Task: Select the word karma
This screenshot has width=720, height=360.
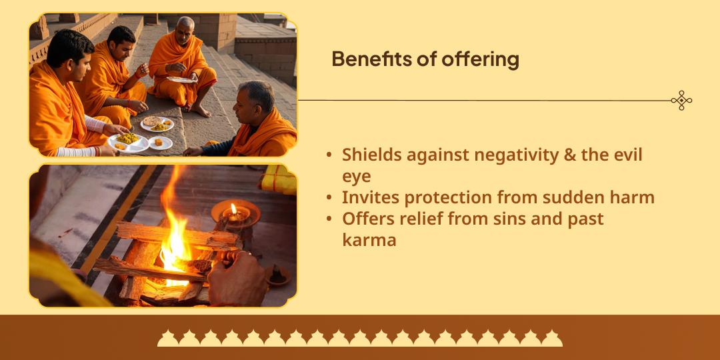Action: click(x=369, y=240)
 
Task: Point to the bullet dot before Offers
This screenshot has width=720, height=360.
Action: click(x=329, y=219)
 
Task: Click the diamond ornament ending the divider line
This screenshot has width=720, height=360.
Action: click(x=681, y=100)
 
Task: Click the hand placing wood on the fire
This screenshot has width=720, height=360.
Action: click(x=237, y=279)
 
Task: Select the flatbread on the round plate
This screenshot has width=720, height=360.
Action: click(x=151, y=121)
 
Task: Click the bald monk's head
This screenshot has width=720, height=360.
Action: click(x=185, y=29)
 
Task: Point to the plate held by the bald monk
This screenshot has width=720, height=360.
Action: click(x=181, y=79)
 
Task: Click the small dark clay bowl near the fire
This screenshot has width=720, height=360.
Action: click(x=278, y=276)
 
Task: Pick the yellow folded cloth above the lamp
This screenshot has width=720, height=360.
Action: click(x=279, y=179)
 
